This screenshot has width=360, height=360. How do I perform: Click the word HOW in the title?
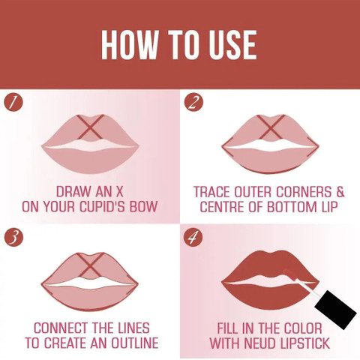(130, 45)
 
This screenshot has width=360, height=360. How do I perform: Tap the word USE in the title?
(232, 45)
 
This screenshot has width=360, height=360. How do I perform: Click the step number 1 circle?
(13, 103)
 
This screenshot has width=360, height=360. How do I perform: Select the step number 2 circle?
(193, 103)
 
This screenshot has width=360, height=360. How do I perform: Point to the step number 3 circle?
(13, 237)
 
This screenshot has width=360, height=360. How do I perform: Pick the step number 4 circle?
(193, 237)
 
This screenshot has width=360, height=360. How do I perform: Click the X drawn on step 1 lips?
(91, 127)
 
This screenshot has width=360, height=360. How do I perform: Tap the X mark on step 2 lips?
(271, 127)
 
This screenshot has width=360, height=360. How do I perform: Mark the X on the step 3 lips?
(90, 265)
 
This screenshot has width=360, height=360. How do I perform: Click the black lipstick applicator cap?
(335, 310)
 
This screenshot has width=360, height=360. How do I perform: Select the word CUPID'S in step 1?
(102, 206)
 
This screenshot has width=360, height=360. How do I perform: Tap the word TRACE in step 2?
(212, 192)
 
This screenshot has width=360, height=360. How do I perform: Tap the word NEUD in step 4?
(259, 343)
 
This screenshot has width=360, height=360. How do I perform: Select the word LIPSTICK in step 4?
(304, 343)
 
